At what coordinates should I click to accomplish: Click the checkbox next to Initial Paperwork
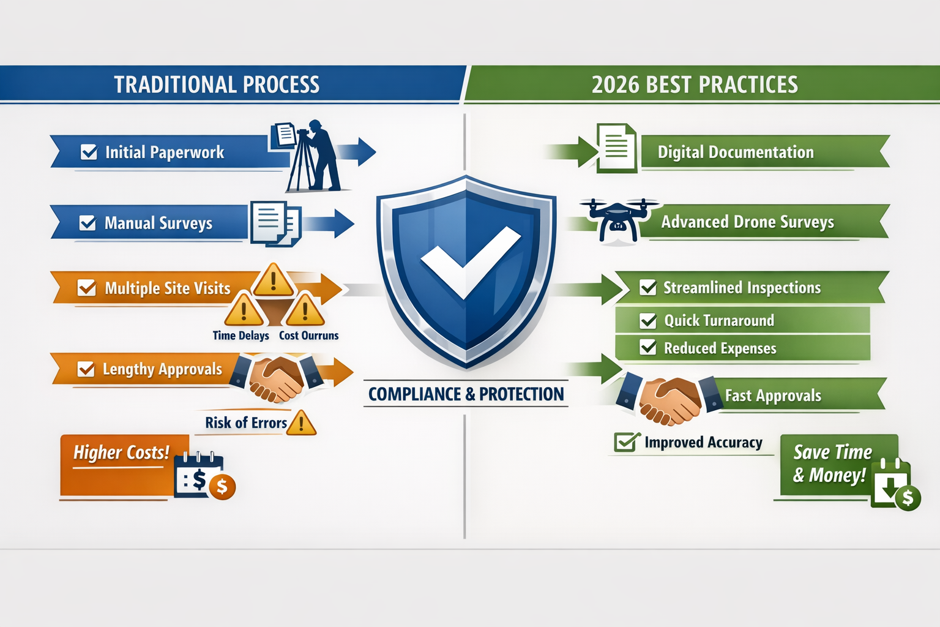pos(89,152)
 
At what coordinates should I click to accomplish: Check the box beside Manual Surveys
pos(88,223)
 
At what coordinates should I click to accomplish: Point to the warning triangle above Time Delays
pos(244,311)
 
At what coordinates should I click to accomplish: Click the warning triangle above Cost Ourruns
pos(305,311)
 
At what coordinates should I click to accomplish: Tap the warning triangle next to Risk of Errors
pos(301,423)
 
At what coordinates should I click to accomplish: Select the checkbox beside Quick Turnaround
pos(647,320)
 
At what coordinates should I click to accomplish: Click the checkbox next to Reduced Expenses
pos(647,348)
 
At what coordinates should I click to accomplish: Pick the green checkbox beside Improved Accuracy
pos(625,441)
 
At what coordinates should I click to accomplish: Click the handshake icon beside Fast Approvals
pos(670,399)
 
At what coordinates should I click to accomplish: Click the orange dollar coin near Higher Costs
pos(222,487)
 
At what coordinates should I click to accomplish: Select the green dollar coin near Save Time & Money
pos(908,498)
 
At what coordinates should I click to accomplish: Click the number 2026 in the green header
pos(615,84)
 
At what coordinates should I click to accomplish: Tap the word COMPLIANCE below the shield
pos(414,394)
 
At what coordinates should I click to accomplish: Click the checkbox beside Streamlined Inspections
pos(647,287)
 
